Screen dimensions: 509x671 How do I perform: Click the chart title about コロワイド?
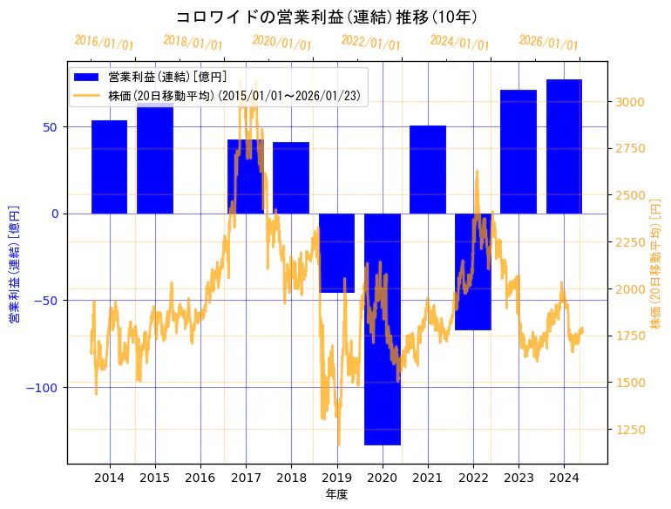click(x=326, y=17)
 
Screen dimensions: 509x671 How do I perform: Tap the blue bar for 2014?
click(x=109, y=166)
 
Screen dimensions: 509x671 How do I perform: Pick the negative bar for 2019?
click(x=336, y=253)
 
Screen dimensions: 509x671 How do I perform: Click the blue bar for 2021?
click(x=427, y=169)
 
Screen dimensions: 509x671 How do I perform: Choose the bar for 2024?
click(x=564, y=146)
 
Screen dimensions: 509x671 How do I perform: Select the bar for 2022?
click(x=472, y=272)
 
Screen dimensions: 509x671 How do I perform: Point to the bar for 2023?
click(x=518, y=152)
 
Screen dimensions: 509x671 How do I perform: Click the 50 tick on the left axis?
click(x=51, y=126)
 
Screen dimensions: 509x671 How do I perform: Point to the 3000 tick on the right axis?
click(x=629, y=102)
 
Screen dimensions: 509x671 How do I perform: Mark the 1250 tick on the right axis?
click(x=629, y=429)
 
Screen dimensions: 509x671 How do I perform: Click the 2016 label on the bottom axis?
click(x=200, y=478)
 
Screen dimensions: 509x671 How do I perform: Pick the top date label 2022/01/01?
click(x=370, y=44)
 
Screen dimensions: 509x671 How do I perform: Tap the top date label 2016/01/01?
click(x=104, y=42)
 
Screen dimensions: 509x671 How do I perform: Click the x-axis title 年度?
click(x=337, y=494)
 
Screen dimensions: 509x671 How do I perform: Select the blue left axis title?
click(x=14, y=264)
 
